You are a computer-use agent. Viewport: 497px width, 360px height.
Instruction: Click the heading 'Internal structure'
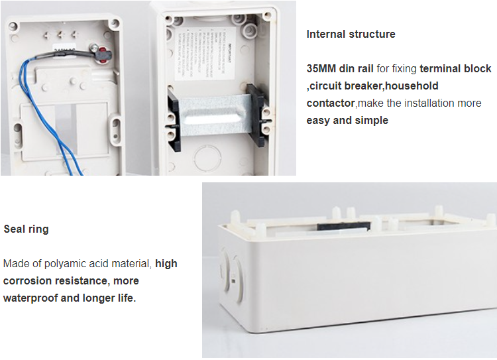[x=351, y=34]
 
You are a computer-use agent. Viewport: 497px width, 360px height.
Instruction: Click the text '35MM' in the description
[x=321, y=69]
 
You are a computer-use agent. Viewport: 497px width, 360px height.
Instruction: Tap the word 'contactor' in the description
[x=331, y=103]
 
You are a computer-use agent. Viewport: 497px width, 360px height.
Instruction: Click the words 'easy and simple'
[x=347, y=121]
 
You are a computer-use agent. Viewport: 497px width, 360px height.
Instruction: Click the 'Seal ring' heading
[x=26, y=229]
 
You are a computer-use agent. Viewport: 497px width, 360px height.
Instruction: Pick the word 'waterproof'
[x=30, y=298]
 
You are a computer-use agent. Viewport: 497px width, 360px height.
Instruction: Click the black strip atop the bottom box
[x=342, y=225]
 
